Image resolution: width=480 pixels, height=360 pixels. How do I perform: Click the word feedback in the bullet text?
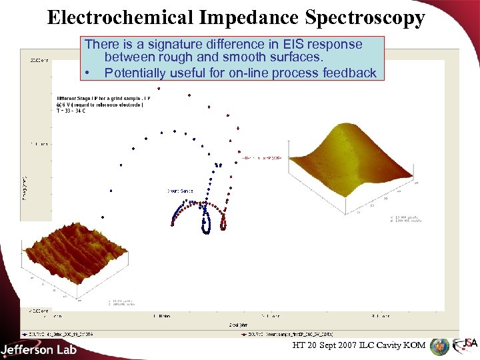click(x=349, y=73)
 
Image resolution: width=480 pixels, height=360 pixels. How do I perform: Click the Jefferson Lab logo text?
click(x=39, y=349)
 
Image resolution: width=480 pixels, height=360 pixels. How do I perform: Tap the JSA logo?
click(x=465, y=345)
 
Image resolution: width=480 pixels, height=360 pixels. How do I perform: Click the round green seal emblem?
click(x=439, y=347)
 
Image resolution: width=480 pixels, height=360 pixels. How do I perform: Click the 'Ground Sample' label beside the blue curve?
click(x=180, y=191)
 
